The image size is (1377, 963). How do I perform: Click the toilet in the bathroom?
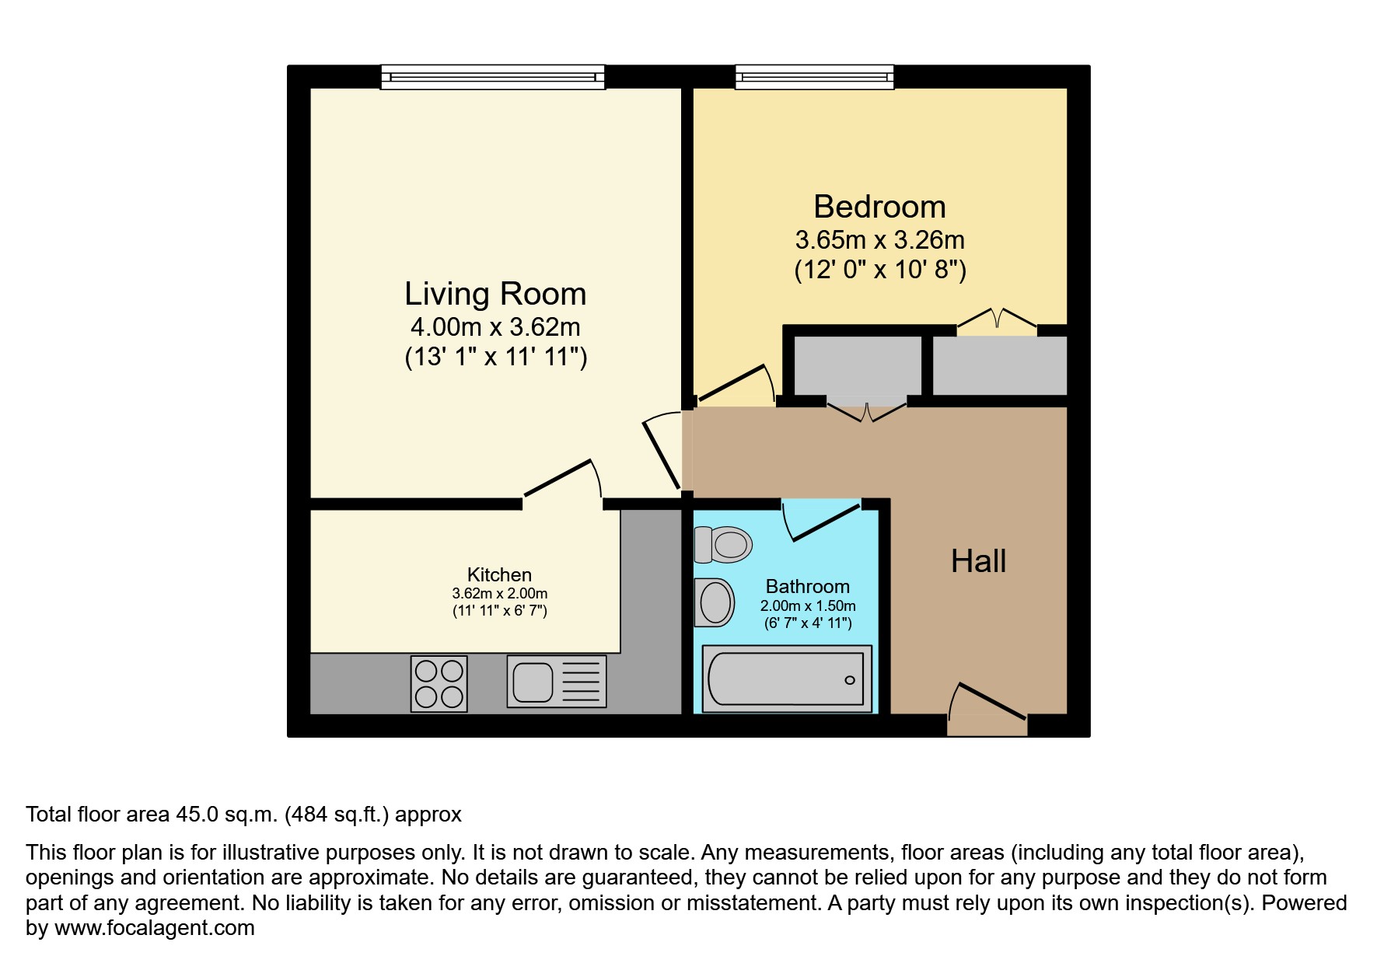click(x=723, y=544)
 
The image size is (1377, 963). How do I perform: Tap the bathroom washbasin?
click(x=715, y=602)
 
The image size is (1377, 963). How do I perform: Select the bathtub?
click(x=786, y=679)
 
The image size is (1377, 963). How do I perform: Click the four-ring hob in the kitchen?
click(x=439, y=684)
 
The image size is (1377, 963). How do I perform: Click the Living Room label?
click(x=495, y=294)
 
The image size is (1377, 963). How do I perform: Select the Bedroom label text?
click(x=879, y=207)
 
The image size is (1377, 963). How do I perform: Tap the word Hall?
click(x=978, y=561)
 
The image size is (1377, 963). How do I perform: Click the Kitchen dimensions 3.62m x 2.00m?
click(x=499, y=593)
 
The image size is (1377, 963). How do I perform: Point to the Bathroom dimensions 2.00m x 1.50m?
click(x=808, y=605)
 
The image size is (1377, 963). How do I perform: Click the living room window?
click(x=493, y=77)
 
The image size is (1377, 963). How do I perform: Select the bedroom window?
click(x=815, y=77)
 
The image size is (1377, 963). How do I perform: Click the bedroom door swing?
click(x=735, y=385)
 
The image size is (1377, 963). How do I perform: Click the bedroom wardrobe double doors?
click(x=997, y=320)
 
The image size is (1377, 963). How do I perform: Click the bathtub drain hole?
click(x=849, y=680)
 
